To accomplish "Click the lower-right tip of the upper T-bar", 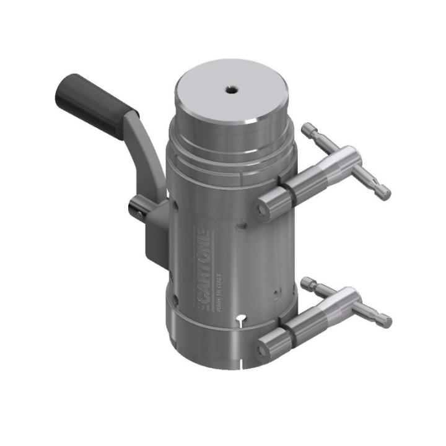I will click(x=385, y=193).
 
